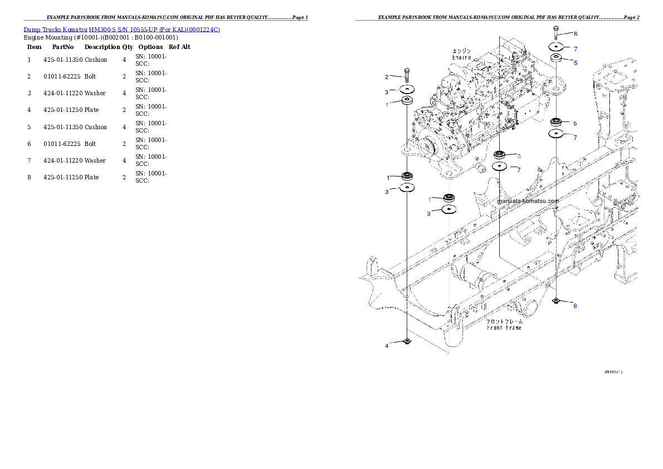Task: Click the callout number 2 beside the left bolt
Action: coord(387,77)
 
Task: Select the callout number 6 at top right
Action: coord(576,34)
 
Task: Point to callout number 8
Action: coord(575,306)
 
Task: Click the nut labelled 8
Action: coord(556,301)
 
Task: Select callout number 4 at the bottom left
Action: coord(387,346)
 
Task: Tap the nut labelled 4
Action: coord(407,341)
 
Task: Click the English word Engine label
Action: coord(461,57)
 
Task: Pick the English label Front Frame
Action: coord(504,328)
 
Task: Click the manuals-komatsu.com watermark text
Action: coord(528,202)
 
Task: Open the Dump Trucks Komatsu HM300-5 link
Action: coord(121,29)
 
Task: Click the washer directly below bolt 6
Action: coord(556,47)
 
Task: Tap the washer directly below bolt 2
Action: coord(407,90)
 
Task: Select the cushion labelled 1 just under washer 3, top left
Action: coord(407,101)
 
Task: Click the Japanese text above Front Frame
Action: coord(504,321)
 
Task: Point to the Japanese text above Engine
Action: coord(461,51)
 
